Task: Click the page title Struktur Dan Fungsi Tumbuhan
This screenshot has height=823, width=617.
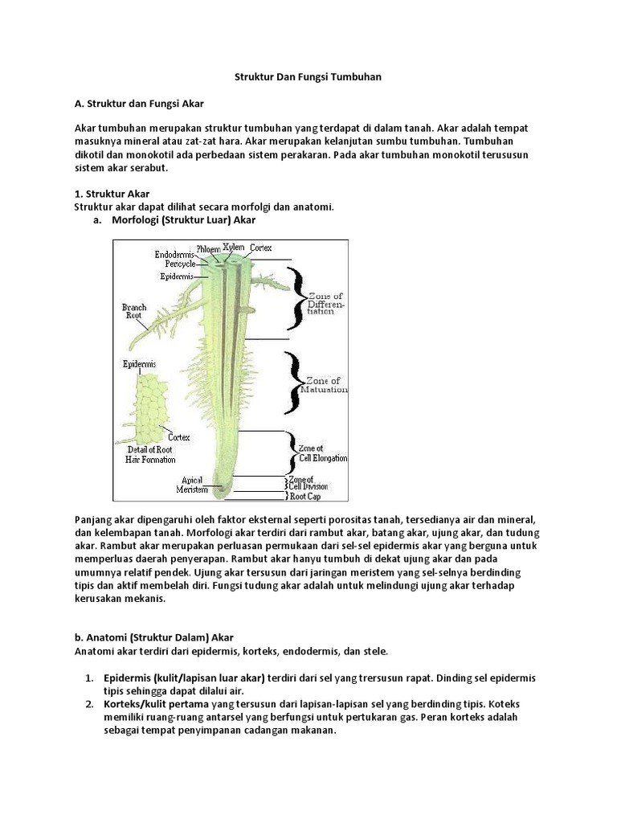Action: [x=308, y=77]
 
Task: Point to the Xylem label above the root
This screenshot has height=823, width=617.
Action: [x=234, y=247]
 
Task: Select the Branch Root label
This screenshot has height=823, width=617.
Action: [x=134, y=311]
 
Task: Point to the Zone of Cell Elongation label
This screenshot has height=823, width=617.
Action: [x=322, y=452]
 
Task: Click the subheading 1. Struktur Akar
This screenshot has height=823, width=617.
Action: [x=112, y=194]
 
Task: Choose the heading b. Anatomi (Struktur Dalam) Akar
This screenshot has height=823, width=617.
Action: [x=147, y=637]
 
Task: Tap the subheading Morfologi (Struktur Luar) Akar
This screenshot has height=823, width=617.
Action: [x=184, y=219]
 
